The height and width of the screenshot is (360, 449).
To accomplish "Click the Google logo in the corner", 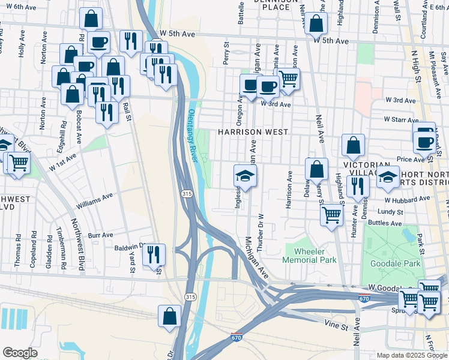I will [20, 353].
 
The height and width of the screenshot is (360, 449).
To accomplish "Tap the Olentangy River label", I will [193, 135].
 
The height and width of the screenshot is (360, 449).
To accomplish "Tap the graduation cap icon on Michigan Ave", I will [245, 176].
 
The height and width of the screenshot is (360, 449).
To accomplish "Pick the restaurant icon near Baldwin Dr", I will [154, 254].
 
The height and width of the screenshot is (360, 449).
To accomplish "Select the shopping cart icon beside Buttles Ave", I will [331, 215].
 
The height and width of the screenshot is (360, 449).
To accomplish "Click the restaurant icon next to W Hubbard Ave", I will [355, 187].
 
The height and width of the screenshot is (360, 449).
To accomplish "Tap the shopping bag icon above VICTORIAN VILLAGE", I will [354, 145].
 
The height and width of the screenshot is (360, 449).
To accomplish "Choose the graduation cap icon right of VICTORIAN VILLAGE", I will [388, 177].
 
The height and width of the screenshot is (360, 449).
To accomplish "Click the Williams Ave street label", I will [94, 200].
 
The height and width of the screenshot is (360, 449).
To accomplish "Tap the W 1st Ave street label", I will [63, 163].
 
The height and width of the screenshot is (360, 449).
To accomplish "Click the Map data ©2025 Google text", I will [411, 355].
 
